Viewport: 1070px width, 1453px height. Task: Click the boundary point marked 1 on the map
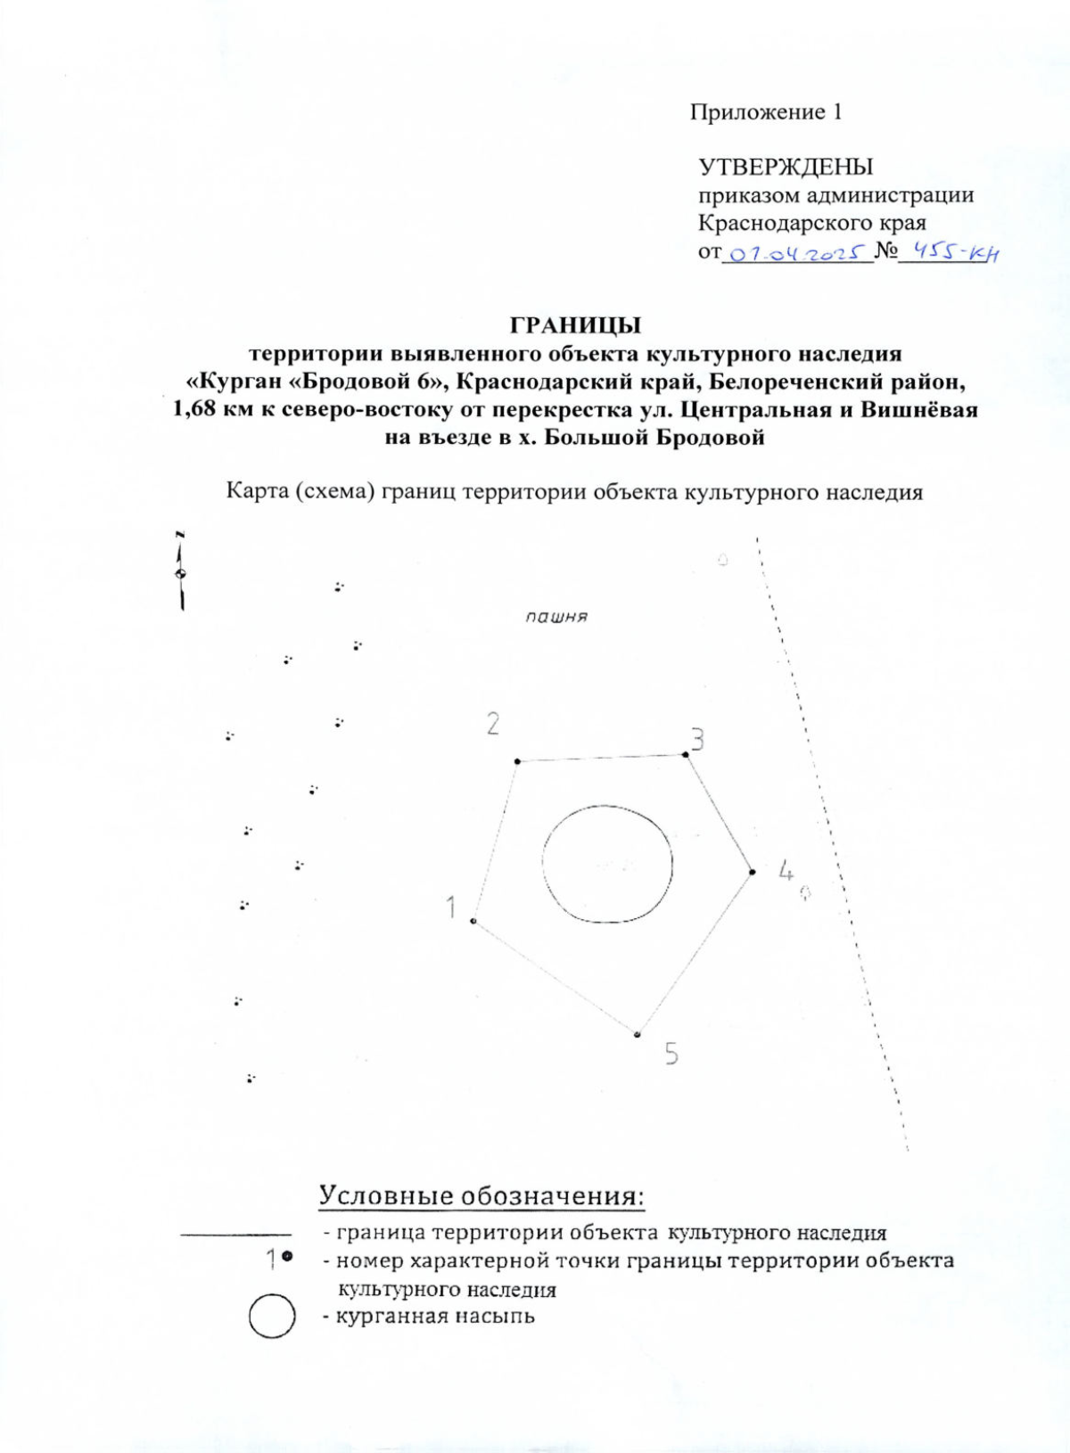(x=473, y=921)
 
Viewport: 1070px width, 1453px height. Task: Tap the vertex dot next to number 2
(x=518, y=761)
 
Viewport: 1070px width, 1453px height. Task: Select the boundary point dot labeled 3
(x=686, y=755)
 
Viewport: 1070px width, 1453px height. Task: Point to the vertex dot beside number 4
(x=753, y=872)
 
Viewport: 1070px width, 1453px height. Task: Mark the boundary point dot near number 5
(x=638, y=1035)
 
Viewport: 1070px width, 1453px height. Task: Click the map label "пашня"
(x=556, y=616)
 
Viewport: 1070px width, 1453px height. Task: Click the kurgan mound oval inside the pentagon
(x=607, y=864)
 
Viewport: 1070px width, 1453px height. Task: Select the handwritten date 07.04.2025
(x=796, y=254)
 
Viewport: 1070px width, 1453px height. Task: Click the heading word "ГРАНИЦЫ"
(x=575, y=325)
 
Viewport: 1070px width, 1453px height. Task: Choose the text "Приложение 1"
(x=765, y=112)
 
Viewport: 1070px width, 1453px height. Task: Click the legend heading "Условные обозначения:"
(x=481, y=1195)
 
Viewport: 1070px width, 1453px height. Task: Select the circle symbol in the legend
(x=272, y=1317)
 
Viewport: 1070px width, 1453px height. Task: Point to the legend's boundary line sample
(x=235, y=1235)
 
